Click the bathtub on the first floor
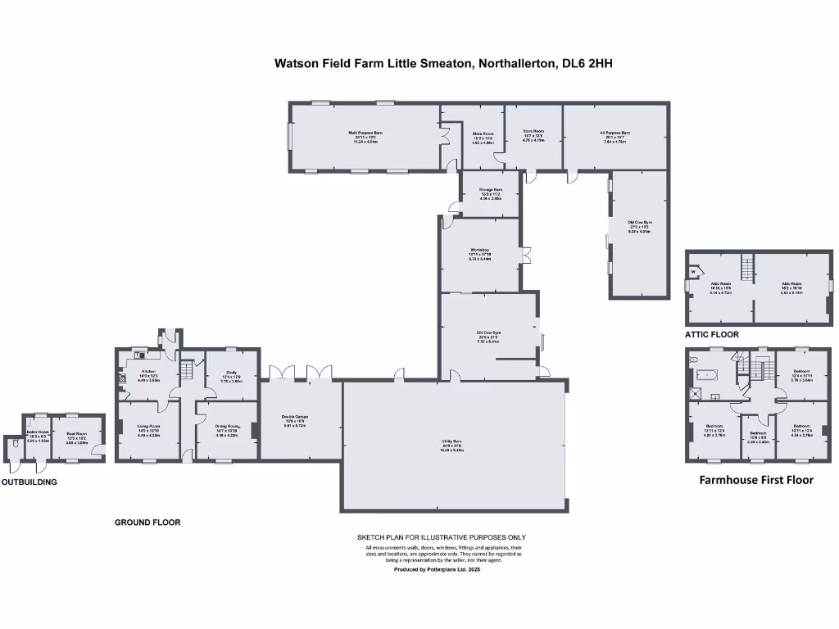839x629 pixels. [x=705, y=376]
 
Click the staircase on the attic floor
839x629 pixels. [x=746, y=267]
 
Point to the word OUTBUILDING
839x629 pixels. [x=29, y=482]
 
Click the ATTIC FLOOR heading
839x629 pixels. [x=712, y=335]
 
